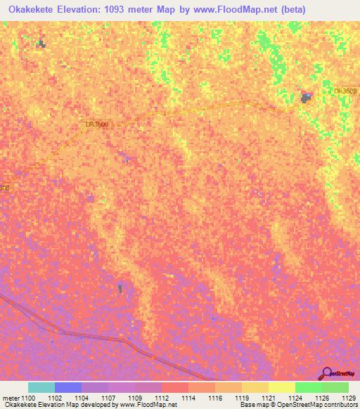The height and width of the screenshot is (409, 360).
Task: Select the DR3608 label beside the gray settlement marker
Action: pos(346,91)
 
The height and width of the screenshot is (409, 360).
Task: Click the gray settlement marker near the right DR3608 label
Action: pos(307,98)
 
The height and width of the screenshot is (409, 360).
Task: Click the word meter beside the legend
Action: pos(11,397)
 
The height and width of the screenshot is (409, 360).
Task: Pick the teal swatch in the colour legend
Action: pos(41,387)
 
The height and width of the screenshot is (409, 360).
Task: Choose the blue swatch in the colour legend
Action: pos(68,387)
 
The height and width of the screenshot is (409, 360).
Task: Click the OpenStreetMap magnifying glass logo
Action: pos(327,373)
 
